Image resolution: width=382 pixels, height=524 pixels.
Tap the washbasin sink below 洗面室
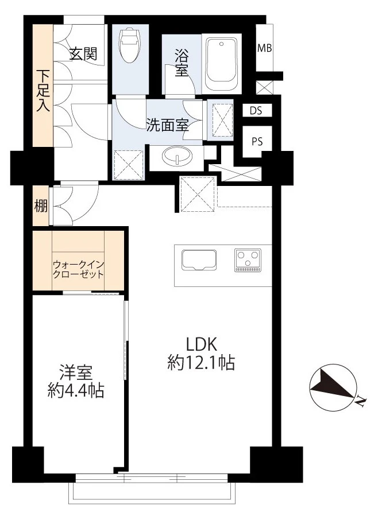pos(177,157)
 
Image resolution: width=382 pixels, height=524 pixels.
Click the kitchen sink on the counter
pos(199,260)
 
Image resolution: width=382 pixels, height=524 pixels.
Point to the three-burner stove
pos(248,260)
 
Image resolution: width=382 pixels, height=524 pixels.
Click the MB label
pos(264,48)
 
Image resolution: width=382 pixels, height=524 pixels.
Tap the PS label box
pos(256,142)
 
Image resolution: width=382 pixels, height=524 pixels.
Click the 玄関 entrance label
pos(83,54)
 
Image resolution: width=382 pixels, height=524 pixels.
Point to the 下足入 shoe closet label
pos(43,90)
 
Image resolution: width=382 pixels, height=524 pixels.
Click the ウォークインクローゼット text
pos(78,269)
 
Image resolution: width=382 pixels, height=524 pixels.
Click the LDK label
pos(200,343)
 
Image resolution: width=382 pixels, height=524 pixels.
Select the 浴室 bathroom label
pos(182,64)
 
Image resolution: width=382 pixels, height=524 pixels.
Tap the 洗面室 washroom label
pos(167,126)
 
